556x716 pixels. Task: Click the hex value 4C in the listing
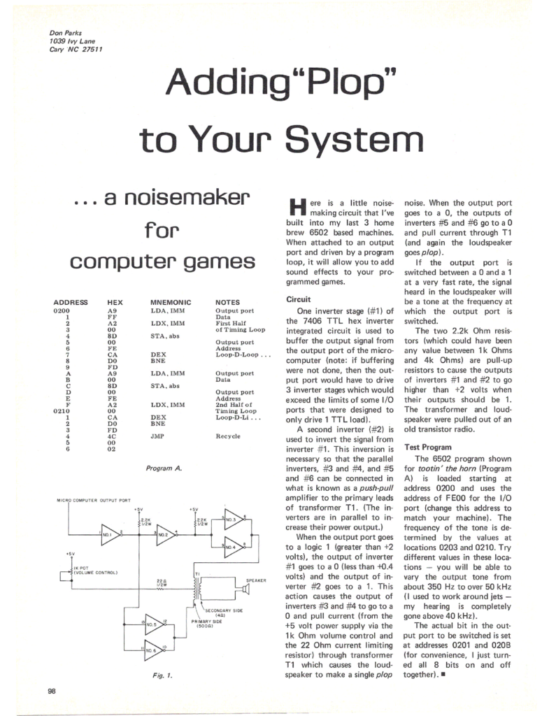[x=111, y=435]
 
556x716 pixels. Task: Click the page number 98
[x=52, y=692]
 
